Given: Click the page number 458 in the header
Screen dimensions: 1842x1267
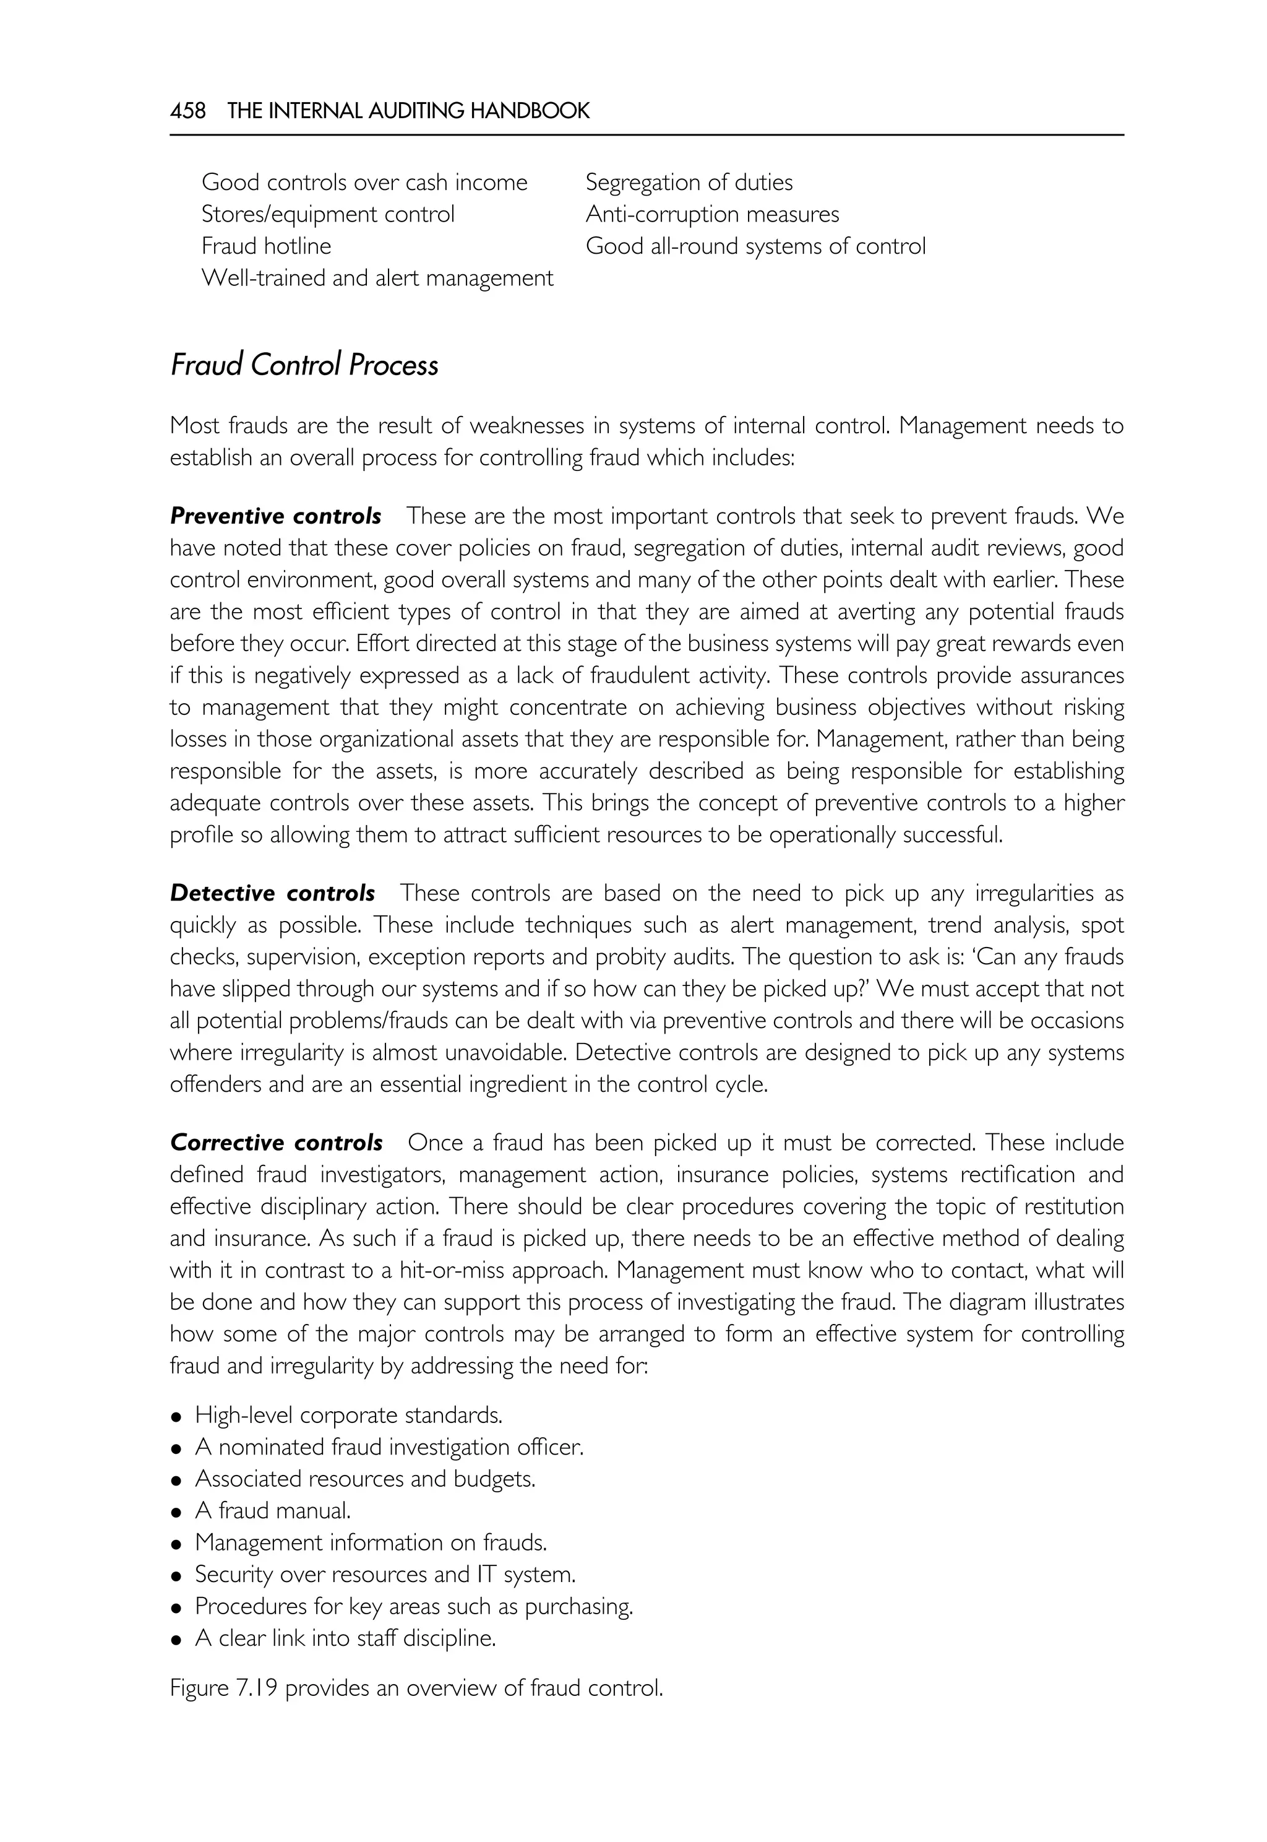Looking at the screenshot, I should (x=187, y=110).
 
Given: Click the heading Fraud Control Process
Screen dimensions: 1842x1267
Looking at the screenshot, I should (x=304, y=365).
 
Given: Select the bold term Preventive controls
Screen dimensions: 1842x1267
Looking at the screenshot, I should (x=275, y=516).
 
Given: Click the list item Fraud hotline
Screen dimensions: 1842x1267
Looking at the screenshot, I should (x=266, y=246).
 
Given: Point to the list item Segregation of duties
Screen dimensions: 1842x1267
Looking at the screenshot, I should (x=689, y=183).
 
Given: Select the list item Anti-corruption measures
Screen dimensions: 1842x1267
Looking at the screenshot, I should (x=712, y=214).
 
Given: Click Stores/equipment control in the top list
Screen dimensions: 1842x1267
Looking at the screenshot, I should (x=328, y=214).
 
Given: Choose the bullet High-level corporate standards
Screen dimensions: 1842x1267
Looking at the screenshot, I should (x=348, y=1415).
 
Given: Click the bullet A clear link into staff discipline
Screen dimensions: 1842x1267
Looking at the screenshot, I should (x=345, y=1638).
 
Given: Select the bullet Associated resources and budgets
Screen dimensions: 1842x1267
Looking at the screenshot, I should (x=365, y=1478).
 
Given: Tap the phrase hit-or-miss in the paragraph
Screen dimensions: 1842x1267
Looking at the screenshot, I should (x=452, y=1270).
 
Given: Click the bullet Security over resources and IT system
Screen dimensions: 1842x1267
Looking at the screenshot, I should (x=385, y=1573).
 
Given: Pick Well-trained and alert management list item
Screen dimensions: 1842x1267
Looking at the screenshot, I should (x=377, y=278).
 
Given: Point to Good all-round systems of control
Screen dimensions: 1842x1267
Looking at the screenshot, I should (x=755, y=246).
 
